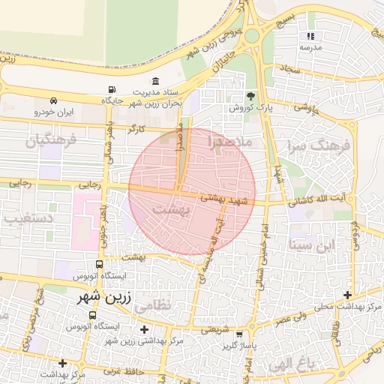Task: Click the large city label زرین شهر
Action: (x=104, y=297)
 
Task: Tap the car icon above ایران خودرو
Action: (x=53, y=100)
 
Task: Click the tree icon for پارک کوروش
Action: (x=250, y=96)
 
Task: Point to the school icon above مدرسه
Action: (x=310, y=35)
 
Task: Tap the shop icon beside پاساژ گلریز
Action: (x=239, y=334)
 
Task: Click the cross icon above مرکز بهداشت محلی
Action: (x=347, y=295)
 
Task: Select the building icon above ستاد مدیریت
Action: (x=155, y=81)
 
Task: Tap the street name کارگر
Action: (x=136, y=129)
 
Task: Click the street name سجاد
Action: (x=291, y=69)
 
